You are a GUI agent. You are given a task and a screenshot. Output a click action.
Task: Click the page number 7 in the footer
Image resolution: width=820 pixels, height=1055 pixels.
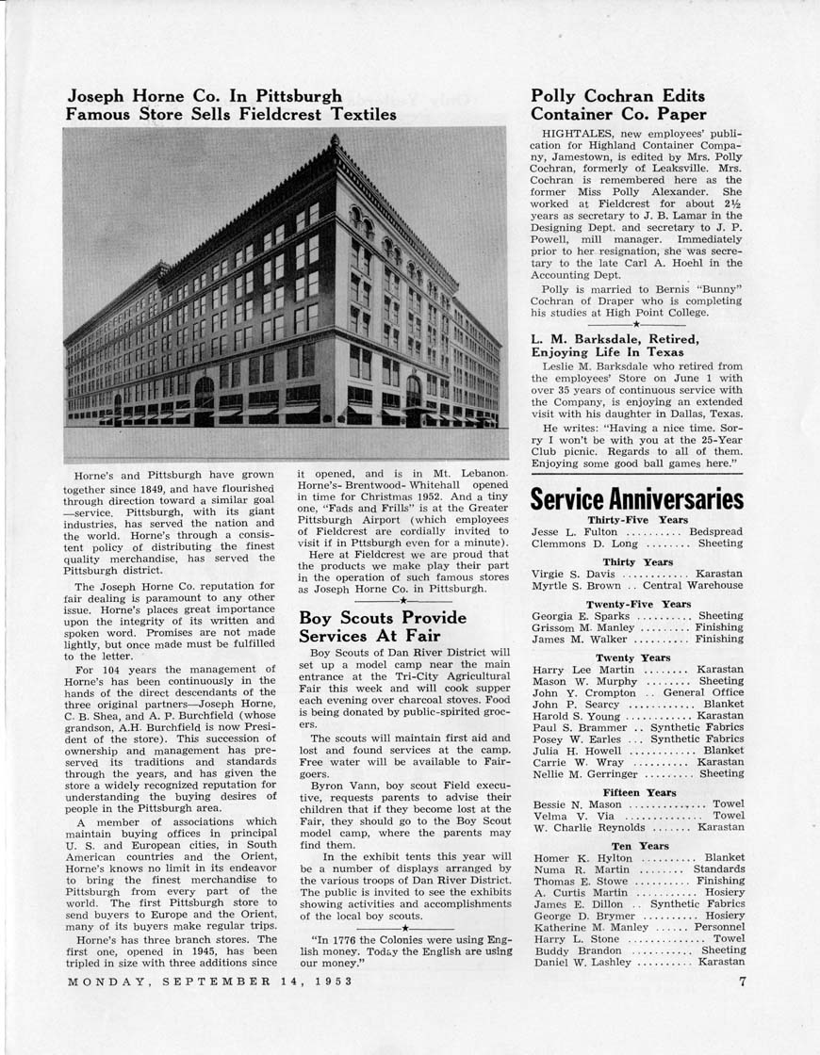pyautogui.click(x=742, y=982)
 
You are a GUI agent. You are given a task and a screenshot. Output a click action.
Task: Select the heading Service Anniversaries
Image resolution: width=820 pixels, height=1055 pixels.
pyautogui.click(x=636, y=498)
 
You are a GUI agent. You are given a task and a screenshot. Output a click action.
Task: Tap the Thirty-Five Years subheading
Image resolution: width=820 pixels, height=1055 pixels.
pyautogui.click(x=637, y=519)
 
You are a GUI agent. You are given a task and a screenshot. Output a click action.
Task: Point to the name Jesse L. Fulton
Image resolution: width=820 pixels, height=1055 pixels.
pyautogui.click(x=574, y=532)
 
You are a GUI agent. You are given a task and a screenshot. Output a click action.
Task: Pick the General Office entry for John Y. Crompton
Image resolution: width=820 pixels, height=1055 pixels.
pyautogui.click(x=702, y=692)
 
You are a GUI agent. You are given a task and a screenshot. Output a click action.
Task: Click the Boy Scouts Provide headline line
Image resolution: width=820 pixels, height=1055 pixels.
pyautogui.click(x=382, y=618)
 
